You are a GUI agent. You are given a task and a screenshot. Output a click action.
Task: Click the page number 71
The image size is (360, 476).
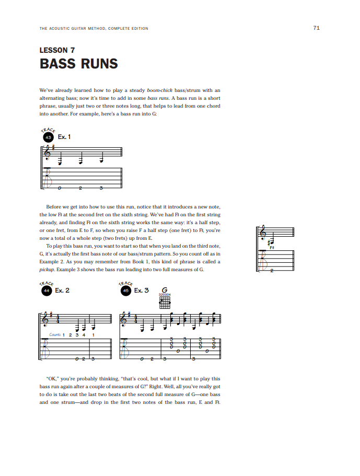coord(316,28)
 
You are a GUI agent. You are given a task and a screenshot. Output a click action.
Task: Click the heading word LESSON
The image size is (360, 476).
coord(53,51)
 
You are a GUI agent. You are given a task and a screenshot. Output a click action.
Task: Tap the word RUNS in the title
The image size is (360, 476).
coord(99,64)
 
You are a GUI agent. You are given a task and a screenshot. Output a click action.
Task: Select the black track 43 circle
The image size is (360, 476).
coord(48,137)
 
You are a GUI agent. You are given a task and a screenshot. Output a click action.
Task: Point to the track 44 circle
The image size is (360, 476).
coord(47,291)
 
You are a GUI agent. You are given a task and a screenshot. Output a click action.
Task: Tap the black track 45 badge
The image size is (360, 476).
coord(125,291)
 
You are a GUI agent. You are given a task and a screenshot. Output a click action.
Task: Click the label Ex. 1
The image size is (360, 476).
coord(64,137)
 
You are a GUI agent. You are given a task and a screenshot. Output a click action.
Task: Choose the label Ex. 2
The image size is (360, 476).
coord(62,290)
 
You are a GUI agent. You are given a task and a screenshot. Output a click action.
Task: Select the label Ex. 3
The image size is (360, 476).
coord(141,290)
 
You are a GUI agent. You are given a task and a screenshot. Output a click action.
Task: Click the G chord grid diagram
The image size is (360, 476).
coord(165,303)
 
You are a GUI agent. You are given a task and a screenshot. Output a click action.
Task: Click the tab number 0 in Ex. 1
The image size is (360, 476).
coord(60,188)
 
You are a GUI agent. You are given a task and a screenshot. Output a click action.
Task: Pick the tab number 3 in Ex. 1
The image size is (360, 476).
coord(101,188)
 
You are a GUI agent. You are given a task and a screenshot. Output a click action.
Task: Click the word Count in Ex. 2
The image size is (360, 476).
coord(54,334)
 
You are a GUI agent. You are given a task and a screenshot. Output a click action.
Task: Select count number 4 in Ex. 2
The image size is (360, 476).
coord(84,334)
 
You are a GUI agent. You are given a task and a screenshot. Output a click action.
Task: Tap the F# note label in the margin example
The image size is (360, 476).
coord(272,248)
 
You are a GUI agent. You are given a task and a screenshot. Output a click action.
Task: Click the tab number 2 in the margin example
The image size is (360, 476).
coord(272,270)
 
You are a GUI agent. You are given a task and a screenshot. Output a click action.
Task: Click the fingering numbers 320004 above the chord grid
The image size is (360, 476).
coord(165,295)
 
